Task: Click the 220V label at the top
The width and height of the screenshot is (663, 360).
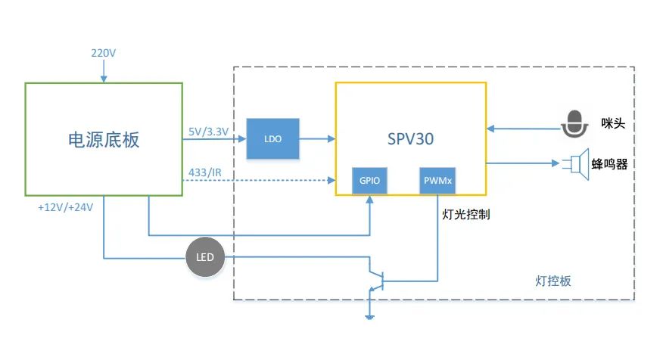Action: pyautogui.click(x=104, y=53)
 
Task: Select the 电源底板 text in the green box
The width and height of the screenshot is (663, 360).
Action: pyautogui.click(x=104, y=140)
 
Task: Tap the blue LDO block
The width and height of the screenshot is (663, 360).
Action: pyautogui.click(x=272, y=138)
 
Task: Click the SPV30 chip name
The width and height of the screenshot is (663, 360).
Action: pyautogui.click(x=410, y=139)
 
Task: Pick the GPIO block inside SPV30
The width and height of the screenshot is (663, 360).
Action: pyautogui.click(x=369, y=182)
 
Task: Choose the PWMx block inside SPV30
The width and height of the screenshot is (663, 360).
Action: pyautogui.click(x=438, y=182)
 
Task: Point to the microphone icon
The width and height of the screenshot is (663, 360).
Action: pyautogui.click(x=575, y=124)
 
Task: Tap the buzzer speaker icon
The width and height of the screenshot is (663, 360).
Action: pyautogui.click(x=577, y=163)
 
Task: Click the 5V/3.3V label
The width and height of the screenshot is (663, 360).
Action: pyautogui.click(x=207, y=132)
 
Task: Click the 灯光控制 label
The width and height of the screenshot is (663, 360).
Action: pyautogui.click(x=465, y=214)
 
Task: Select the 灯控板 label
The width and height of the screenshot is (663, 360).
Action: pyautogui.click(x=552, y=281)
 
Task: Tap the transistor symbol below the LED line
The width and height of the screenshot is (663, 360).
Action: pyautogui.click(x=377, y=280)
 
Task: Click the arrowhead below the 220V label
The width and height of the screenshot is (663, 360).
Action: pyautogui.click(x=104, y=77)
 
